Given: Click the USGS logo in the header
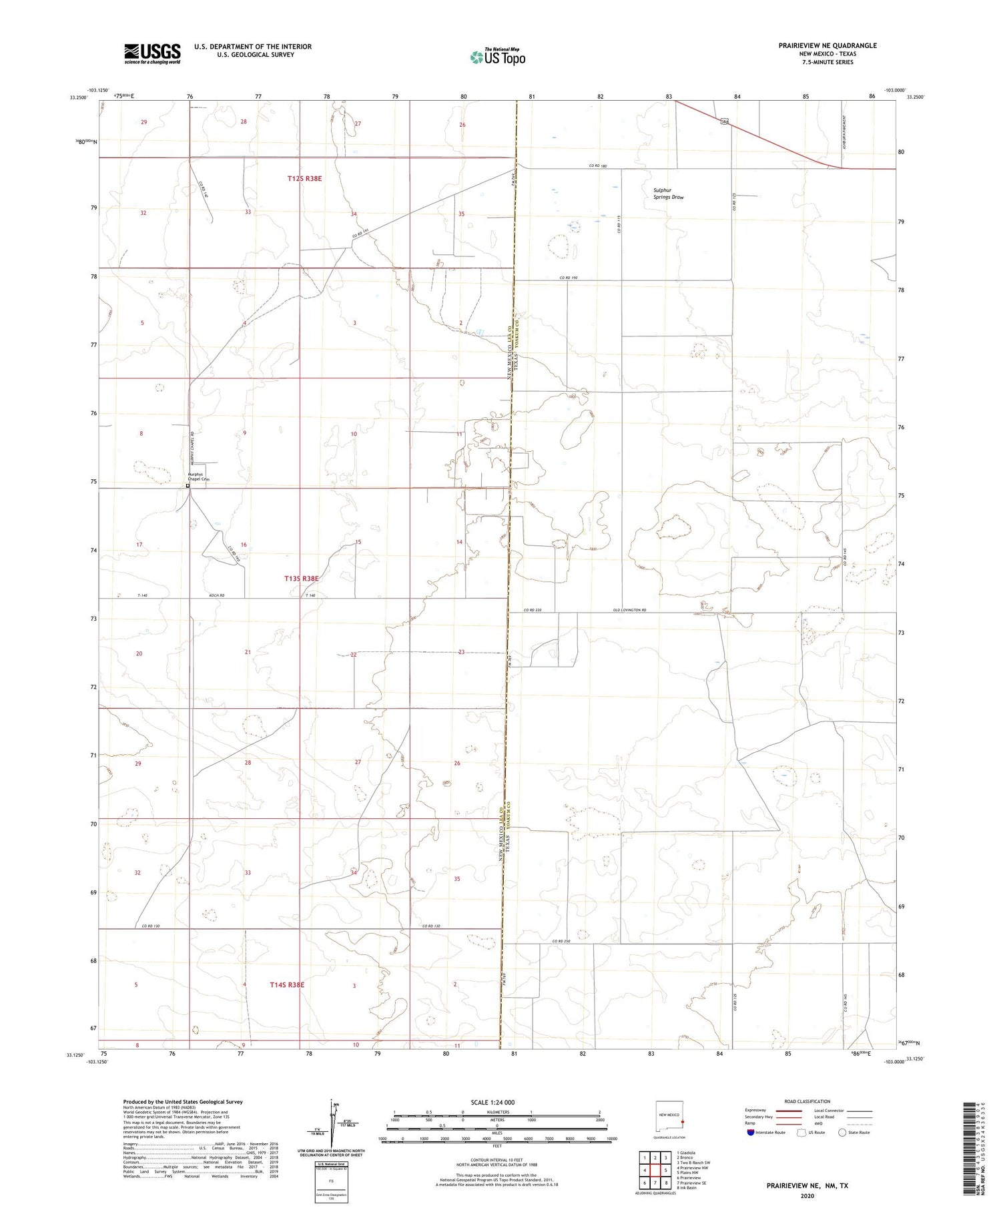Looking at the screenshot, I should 152,53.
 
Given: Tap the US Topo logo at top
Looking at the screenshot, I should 497,57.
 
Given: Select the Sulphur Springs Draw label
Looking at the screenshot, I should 668,194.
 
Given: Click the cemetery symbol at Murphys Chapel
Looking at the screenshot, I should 188,486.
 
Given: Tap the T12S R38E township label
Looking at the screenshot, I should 305,179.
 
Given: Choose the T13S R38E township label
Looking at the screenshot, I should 302,579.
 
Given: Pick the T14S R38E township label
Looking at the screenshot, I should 287,985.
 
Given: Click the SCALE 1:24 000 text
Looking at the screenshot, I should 492,1102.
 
